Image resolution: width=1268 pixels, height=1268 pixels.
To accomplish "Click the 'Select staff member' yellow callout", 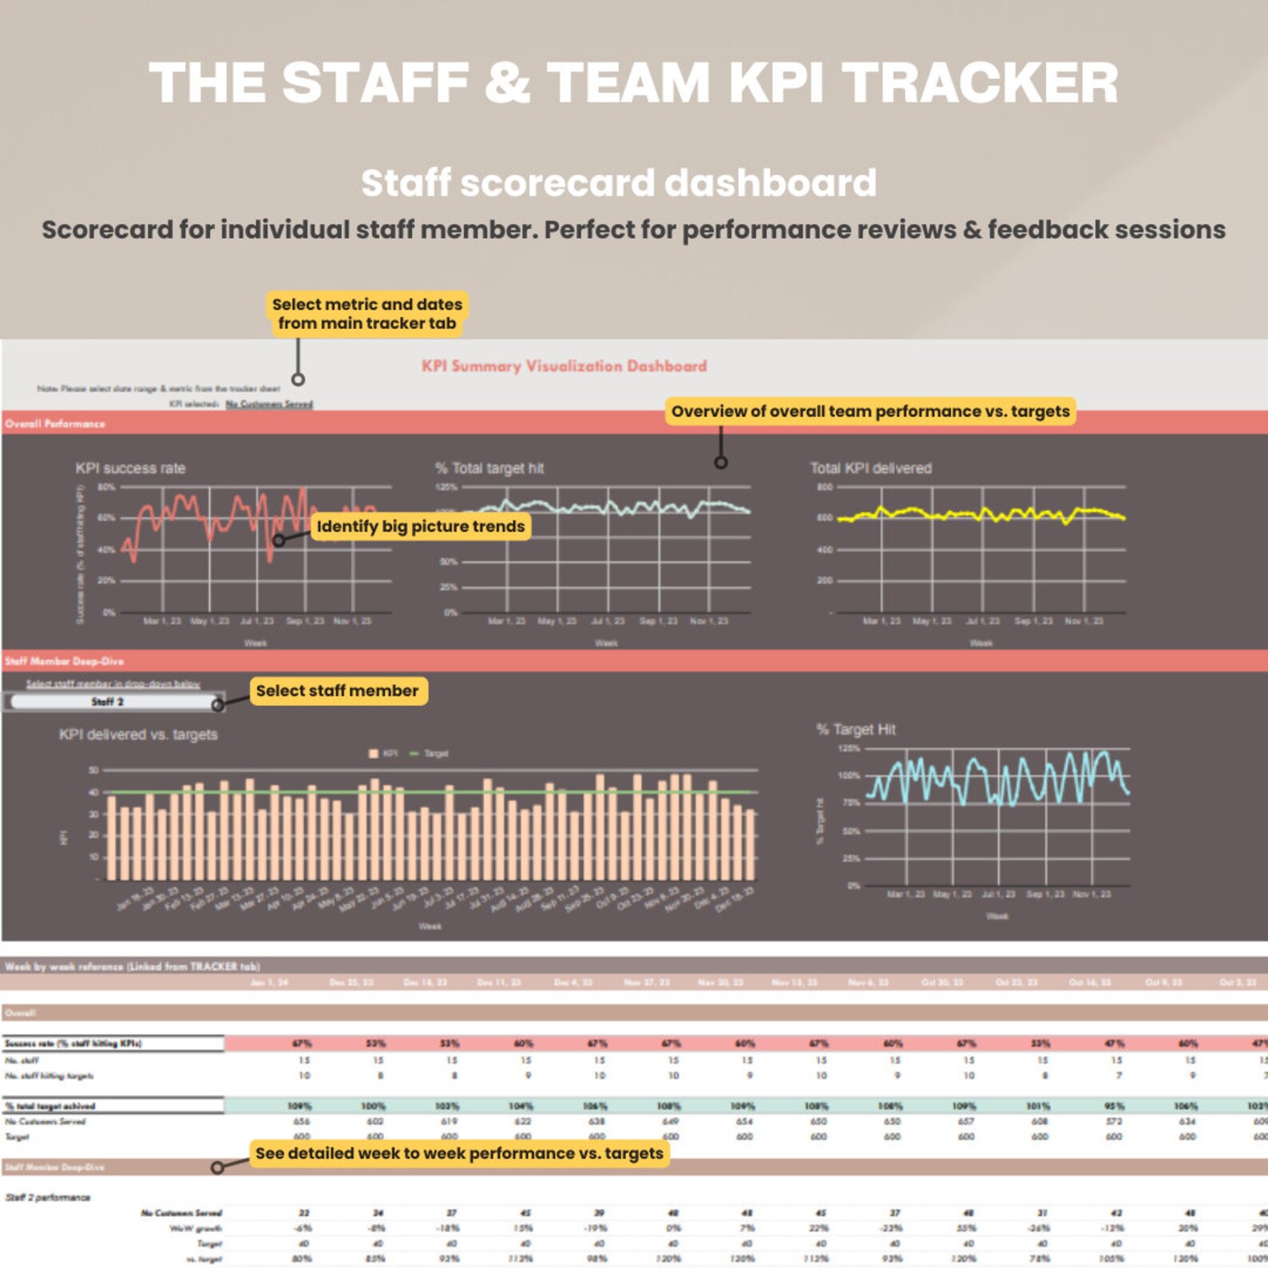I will tap(337, 691).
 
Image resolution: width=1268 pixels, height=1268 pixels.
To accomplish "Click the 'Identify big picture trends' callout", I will tap(420, 526).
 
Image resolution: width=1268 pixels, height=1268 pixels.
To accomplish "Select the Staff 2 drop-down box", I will tap(112, 702).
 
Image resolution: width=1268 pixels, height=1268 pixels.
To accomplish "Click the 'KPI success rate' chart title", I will tap(130, 468).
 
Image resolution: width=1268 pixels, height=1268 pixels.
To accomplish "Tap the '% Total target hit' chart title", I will tap(489, 468).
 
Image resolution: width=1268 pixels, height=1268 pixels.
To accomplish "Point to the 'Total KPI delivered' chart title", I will tap(870, 468).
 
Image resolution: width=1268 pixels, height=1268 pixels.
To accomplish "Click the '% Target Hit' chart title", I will tap(855, 729).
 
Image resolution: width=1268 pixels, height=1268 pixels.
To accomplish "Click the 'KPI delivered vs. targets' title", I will tap(137, 734).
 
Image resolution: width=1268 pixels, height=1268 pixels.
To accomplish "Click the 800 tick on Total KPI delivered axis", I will tap(824, 486).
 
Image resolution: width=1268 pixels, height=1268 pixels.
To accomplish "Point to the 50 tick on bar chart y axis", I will tap(93, 771).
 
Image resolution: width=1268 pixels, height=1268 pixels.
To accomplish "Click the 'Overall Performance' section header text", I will tap(54, 423).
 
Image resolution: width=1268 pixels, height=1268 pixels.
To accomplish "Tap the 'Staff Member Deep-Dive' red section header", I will tap(64, 661).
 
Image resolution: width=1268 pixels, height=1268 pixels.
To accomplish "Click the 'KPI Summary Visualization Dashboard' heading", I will tap(564, 366).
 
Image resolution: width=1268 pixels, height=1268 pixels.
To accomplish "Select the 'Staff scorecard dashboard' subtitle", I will tap(618, 183).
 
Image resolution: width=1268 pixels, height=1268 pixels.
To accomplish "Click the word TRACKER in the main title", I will tap(980, 83).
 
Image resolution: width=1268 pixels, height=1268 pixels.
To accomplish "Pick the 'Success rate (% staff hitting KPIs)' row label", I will tap(72, 1044).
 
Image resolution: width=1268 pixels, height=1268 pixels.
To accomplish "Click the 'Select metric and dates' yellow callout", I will tap(367, 314).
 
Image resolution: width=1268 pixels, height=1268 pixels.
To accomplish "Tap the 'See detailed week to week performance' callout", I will tap(458, 1153).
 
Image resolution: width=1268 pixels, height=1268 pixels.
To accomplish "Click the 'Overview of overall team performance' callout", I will tap(870, 411).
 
